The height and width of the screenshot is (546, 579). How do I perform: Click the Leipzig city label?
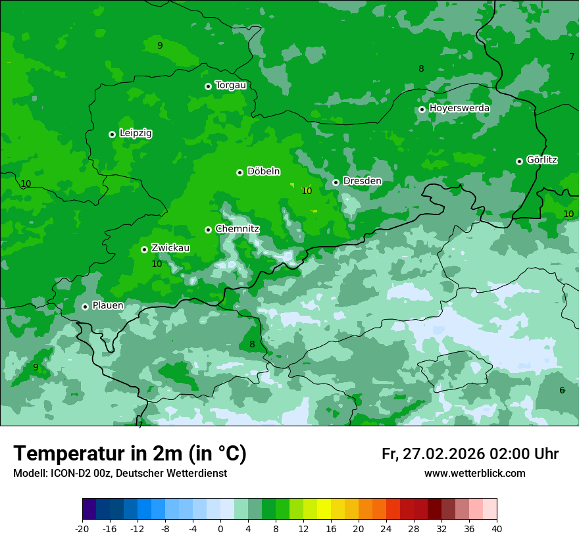136,134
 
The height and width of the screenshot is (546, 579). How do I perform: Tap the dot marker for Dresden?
336,182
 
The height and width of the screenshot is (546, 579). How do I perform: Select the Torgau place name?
230,86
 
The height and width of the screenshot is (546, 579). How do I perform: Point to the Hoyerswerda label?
459,108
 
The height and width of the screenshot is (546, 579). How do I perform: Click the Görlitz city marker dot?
519,161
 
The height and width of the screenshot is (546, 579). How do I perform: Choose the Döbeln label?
263,172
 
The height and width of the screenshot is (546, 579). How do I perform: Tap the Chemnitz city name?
237,229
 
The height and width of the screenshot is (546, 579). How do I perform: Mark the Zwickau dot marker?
144,249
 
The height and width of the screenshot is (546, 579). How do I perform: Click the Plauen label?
108,306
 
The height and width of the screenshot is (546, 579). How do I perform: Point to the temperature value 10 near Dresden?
307,191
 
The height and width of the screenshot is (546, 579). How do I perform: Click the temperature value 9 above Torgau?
160,45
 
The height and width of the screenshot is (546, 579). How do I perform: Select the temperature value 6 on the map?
562,390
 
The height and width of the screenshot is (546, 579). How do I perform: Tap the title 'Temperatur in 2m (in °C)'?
130,454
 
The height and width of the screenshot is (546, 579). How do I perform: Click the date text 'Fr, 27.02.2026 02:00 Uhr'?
470,455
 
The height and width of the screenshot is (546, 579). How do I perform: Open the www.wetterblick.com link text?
474,474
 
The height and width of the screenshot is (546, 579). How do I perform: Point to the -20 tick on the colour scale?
82,528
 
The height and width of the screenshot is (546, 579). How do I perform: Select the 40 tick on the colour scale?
497,528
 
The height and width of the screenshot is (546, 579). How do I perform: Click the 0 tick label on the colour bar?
220,528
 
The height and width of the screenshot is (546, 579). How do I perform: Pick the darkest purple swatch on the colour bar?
89,509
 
